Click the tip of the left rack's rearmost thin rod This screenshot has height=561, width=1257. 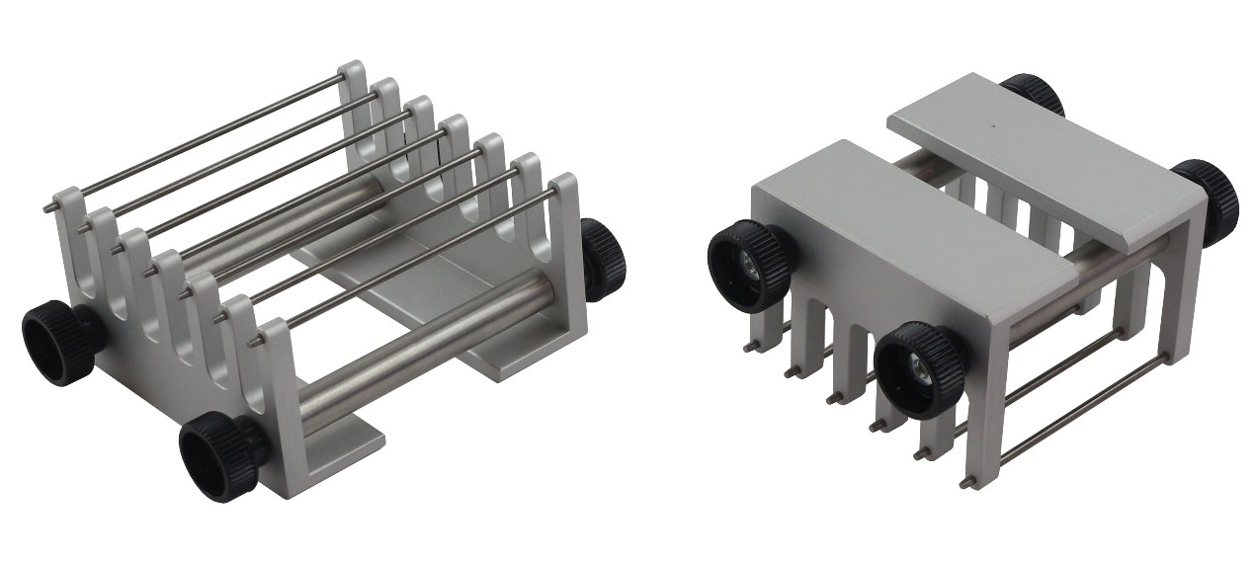point(47,207)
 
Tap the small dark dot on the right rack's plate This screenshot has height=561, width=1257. point(991,125)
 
